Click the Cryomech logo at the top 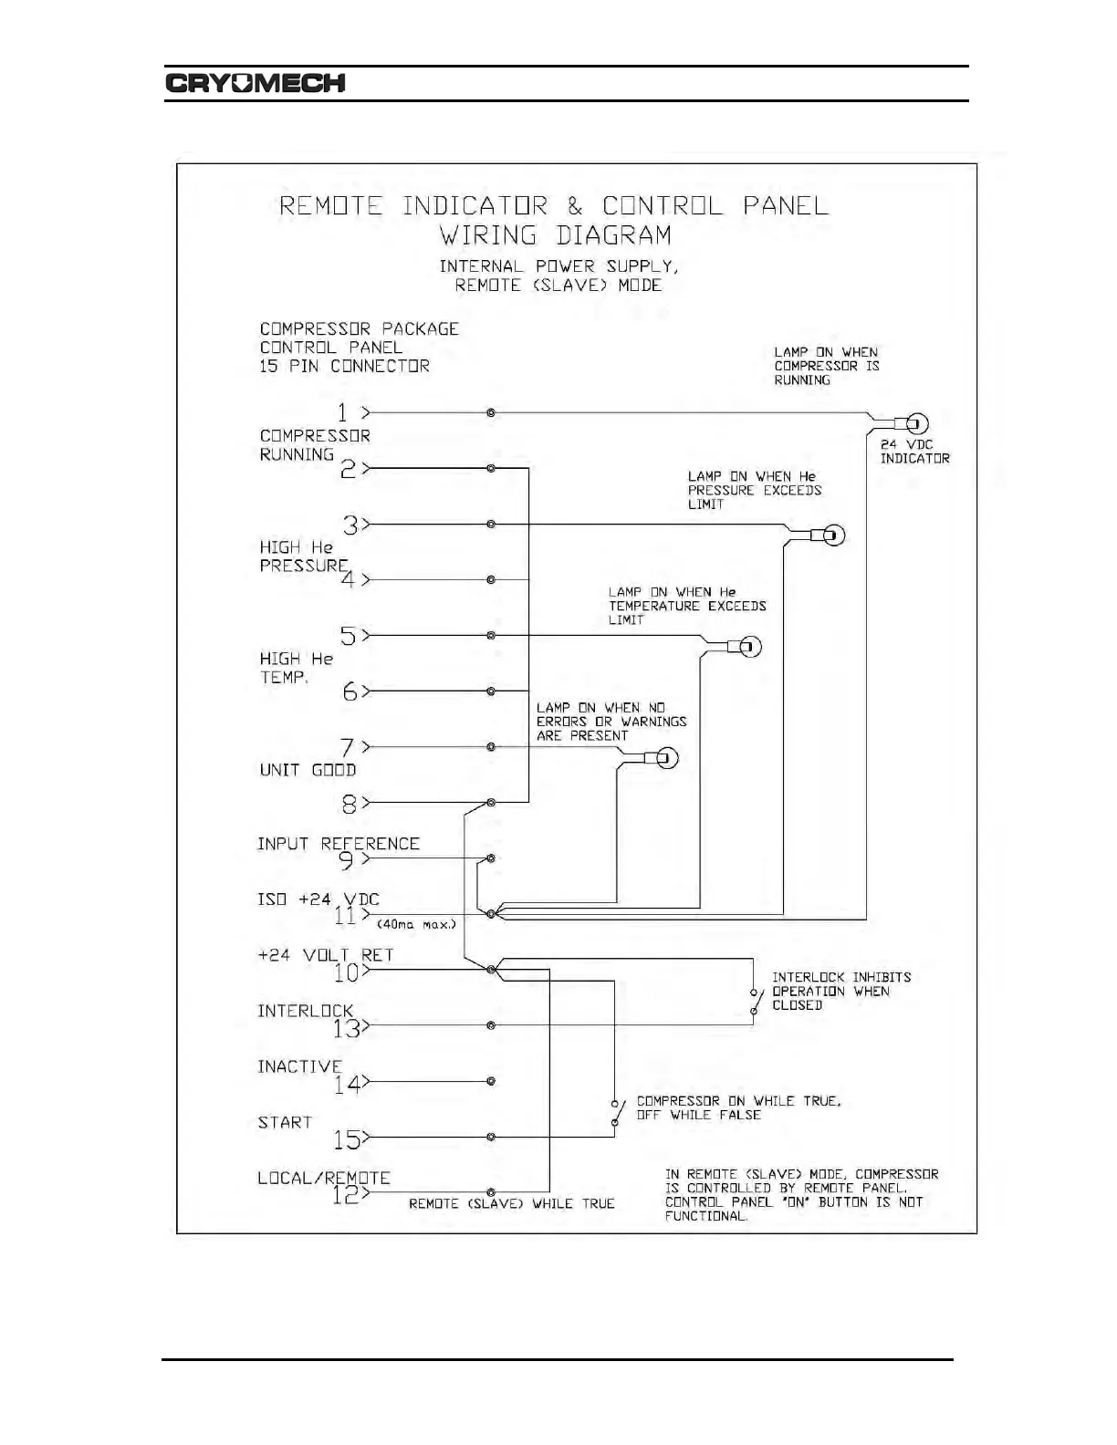[x=256, y=83]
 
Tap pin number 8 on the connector [x=348, y=803]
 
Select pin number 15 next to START [x=346, y=1138]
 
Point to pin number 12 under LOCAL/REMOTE [x=344, y=1194]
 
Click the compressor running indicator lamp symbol [x=916, y=423]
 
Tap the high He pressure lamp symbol [x=832, y=535]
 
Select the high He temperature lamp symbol [x=748, y=648]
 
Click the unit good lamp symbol [x=666, y=759]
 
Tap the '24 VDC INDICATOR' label [x=914, y=452]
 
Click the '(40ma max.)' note [x=416, y=924]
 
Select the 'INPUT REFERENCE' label [x=338, y=844]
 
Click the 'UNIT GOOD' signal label [x=308, y=770]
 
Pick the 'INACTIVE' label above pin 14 [x=298, y=1066]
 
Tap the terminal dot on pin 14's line [x=491, y=1081]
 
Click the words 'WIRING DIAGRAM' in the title [x=556, y=235]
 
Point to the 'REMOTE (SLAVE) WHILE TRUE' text [x=511, y=1204]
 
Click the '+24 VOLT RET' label [x=325, y=955]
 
